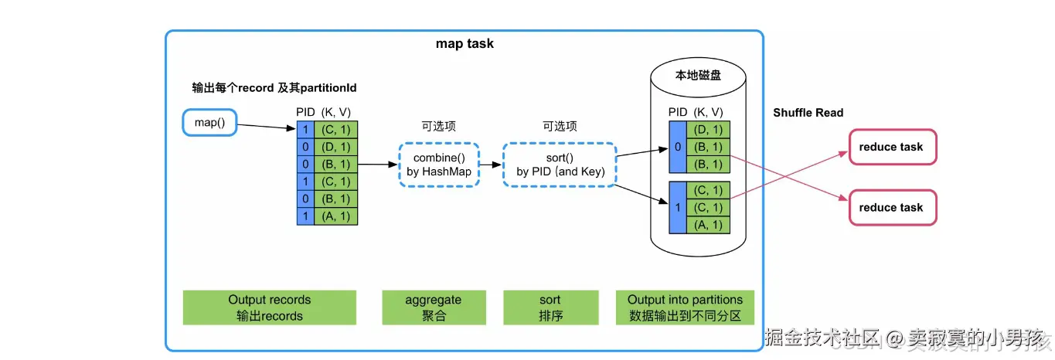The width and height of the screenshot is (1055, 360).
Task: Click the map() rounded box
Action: pyautogui.click(x=209, y=123)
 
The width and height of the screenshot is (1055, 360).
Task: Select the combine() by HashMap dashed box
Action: pyautogui.click(x=439, y=164)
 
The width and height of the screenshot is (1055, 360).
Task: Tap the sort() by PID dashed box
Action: pyautogui.click(x=560, y=164)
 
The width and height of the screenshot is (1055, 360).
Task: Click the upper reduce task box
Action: pyautogui.click(x=891, y=148)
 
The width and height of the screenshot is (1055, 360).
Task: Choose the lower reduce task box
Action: pyautogui.click(x=891, y=208)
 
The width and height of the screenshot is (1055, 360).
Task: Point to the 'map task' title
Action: pyautogui.click(x=465, y=44)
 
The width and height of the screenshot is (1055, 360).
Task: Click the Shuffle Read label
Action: pyautogui.click(x=808, y=113)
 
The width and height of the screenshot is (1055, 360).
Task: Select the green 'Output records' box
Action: pyautogui.click(x=269, y=307)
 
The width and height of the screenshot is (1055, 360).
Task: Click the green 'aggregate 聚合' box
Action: pyautogui.click(x=434, y=307)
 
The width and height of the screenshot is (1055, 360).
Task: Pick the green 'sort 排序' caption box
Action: pyautogui.click(x=550, y=307)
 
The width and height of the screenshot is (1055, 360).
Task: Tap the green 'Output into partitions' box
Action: pyautogui.click(x=685, y=307)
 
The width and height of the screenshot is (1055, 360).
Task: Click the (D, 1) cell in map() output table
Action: pyautogui.click(x=336, y=147)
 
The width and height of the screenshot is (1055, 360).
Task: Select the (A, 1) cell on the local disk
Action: pyautogui.click(x=708, y=225)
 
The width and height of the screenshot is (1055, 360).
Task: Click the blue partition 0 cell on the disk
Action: pyautogui.click(x=677, y=147)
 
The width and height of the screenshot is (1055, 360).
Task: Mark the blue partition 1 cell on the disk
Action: pyautogui.click(x=677, y=207)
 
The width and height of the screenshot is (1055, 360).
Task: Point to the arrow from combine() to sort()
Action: pyautogui.click(x=490, y=164)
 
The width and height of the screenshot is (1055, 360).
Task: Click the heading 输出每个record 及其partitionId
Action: pyautogui.click(x=274, y=88)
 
